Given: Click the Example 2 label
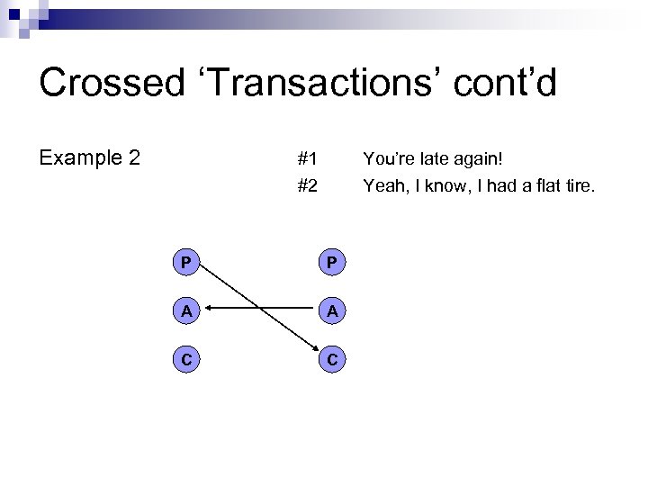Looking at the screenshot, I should click(89, 158).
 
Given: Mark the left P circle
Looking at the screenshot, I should click(184, 263).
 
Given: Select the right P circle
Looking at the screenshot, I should click(332, 263).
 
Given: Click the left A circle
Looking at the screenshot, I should click(184, 311).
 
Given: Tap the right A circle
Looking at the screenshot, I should click(332, 311).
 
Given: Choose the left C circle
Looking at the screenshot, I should click(184, 360).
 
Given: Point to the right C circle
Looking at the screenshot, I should click(332, 360).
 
